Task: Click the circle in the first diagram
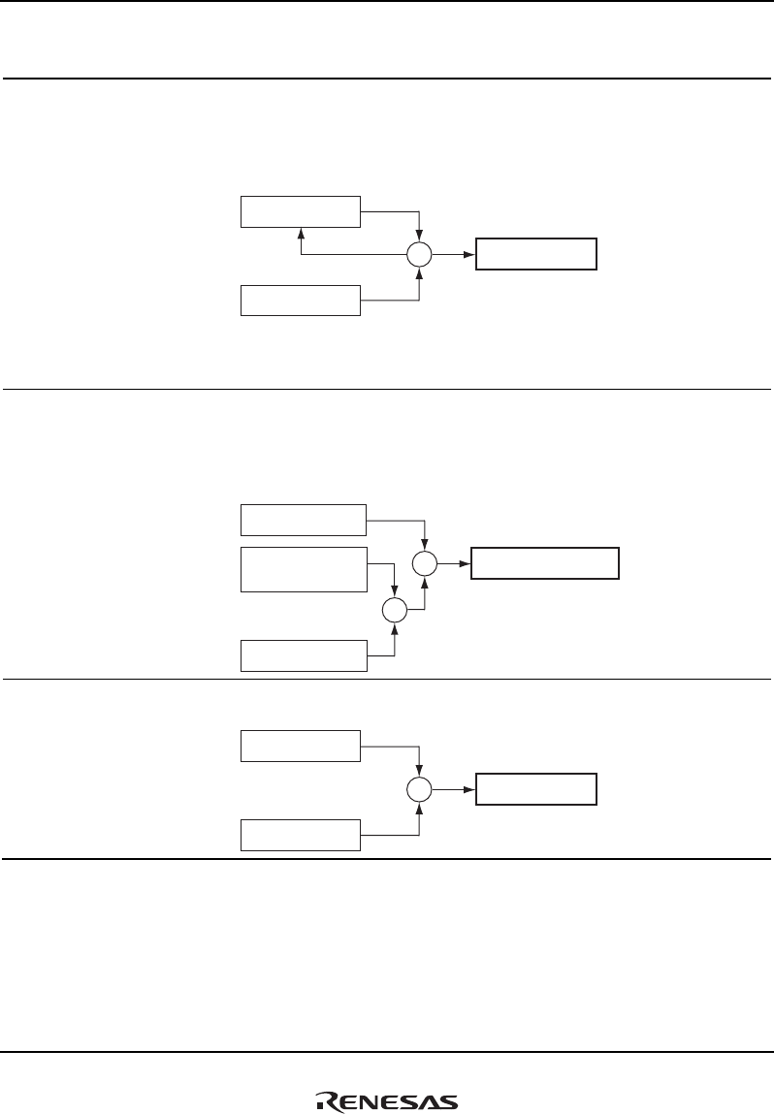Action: [419, 256]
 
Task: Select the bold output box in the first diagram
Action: [536, 254]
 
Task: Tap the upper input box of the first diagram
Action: [300, 210]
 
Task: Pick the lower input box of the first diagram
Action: [300, 301]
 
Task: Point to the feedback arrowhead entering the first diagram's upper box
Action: [301, 233]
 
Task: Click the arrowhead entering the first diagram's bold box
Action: [470, 255]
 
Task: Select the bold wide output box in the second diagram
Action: [545, 563]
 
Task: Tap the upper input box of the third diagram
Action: [300, 746]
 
